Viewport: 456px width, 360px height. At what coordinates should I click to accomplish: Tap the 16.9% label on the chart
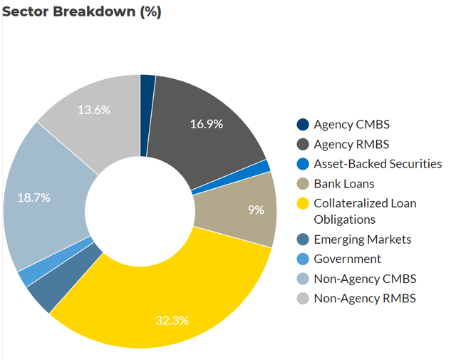click(207, 124)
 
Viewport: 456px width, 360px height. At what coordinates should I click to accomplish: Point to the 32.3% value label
click(172, 320)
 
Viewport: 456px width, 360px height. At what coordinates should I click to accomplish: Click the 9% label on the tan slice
click(256, 210)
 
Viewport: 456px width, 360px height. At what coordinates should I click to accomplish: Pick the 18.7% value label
click(33, 197)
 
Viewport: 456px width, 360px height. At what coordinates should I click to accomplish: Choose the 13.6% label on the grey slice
click(96, 110)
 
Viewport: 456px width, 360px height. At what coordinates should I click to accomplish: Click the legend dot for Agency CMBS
click(304, 125)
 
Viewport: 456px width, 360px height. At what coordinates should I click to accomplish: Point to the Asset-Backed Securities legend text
click(378, 164)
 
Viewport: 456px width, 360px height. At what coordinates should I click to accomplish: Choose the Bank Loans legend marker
click(304, 184)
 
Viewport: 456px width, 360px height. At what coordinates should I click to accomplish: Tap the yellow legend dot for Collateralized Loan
click(304, 203)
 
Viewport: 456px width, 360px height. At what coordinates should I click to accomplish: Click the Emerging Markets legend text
click(362, 240)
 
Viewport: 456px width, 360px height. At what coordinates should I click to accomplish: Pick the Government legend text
click(347, 259)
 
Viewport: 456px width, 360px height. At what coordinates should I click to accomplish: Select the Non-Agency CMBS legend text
click(365, 279)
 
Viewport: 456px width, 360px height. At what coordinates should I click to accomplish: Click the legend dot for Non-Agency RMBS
click(304, 299)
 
